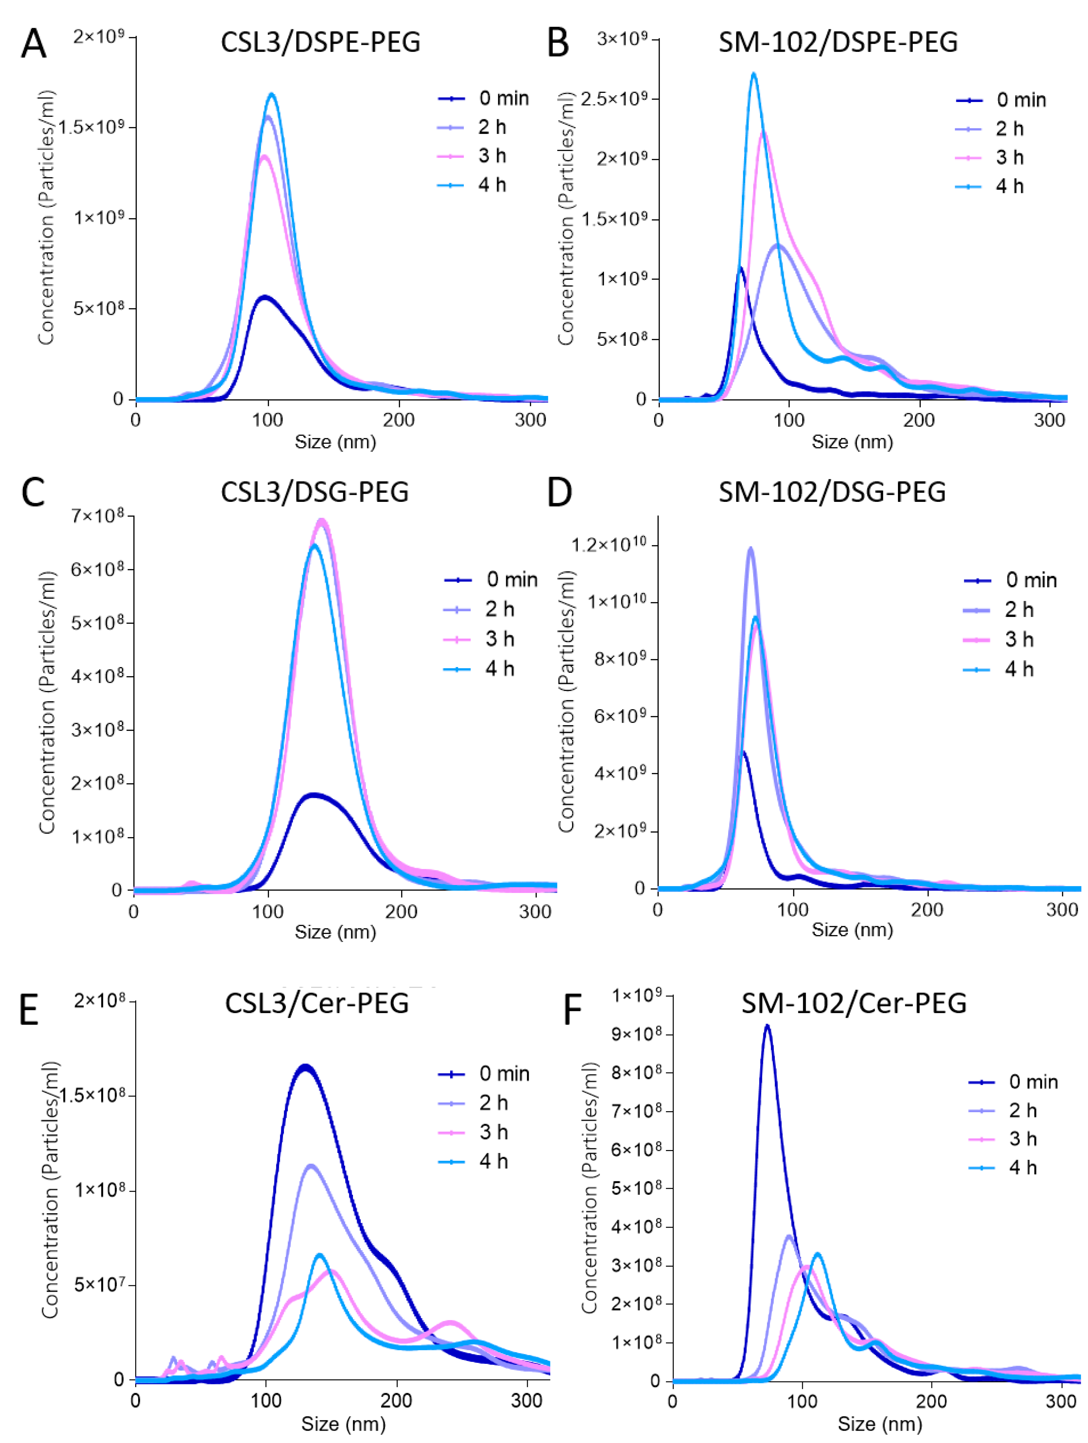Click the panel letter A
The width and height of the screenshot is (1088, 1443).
[34, 44]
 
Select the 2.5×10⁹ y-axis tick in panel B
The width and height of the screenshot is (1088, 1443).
[613, 99]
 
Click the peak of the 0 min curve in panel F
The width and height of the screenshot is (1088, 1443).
[767, 1026]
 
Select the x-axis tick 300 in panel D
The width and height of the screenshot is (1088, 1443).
[1061, 910]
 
